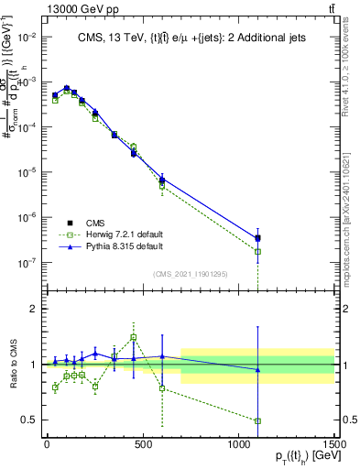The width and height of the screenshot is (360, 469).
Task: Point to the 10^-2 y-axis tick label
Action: (x=25, y=37)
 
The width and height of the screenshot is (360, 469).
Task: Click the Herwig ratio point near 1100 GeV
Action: (x=257, y=421)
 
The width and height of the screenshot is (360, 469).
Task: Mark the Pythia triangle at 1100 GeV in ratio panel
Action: (x=257, y=370)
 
